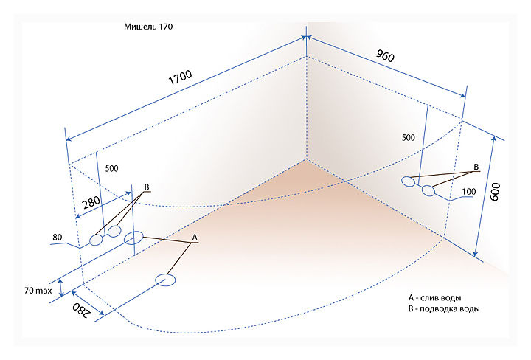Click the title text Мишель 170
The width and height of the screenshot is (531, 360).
click(x=148, y=27)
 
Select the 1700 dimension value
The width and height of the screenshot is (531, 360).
click(x=180, y=77)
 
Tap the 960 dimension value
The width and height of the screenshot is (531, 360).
click(x=385, y=55)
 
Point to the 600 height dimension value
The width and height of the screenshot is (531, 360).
click(x=495, y=192)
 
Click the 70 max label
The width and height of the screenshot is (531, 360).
click(x=38, y=291)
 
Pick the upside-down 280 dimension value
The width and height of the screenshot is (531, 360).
click(x=82, y=310)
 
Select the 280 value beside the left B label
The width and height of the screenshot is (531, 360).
click(x=91, y=203)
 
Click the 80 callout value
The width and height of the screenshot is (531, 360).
click(x=58, y=237)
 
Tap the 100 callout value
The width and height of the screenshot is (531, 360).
click(x=469, y=192)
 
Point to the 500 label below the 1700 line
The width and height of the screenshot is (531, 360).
click(x=112, y=168)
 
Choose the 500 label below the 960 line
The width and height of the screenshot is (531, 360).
click(x=408, y=137)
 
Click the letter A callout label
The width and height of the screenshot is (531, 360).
click(x=195, y=238)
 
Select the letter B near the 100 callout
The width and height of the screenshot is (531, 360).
click(x=476, y=167)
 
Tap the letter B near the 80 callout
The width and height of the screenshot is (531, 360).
click(x=147, y=187)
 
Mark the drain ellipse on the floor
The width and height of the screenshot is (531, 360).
click(x=165, y=280)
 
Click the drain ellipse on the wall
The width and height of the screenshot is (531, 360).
click(x=133, y=238)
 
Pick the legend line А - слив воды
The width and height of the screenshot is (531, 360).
click(x=434, y=298)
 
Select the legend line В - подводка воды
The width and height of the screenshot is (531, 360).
click(x=444, y=309)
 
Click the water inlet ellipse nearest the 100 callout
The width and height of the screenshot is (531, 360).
click(x=428, y=190)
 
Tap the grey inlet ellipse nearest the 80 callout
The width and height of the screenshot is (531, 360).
click(x=96, y=240)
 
